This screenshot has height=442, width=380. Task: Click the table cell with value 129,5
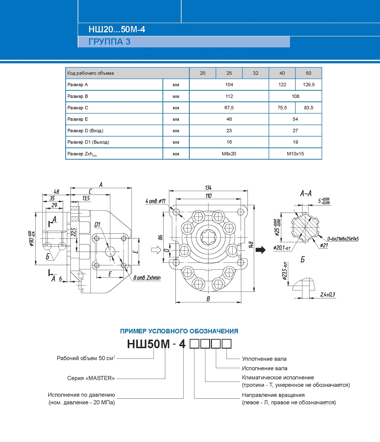308,85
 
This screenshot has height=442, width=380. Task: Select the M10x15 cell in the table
295,154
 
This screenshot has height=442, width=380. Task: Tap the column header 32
255,73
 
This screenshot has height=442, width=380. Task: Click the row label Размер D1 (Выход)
88,142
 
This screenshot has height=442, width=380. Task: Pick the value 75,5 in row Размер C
282,108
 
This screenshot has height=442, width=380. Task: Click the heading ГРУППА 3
109,42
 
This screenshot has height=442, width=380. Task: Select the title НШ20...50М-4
117,29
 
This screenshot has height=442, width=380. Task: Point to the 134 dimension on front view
208,187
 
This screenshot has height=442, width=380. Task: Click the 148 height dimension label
251,245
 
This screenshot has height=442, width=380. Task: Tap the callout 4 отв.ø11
155,201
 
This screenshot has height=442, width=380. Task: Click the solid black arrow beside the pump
260,250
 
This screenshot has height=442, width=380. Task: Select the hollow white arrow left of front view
156,250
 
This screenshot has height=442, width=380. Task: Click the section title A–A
306,194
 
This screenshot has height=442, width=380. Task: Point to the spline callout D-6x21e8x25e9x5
343,239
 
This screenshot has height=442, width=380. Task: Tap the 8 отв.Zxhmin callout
147,278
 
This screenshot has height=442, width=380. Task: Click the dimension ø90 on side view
31,238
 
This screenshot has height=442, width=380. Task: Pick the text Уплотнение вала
264,359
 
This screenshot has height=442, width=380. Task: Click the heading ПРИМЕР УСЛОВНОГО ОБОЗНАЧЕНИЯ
179,331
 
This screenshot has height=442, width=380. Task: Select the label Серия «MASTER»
91,378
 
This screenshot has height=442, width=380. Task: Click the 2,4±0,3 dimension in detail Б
327,294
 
